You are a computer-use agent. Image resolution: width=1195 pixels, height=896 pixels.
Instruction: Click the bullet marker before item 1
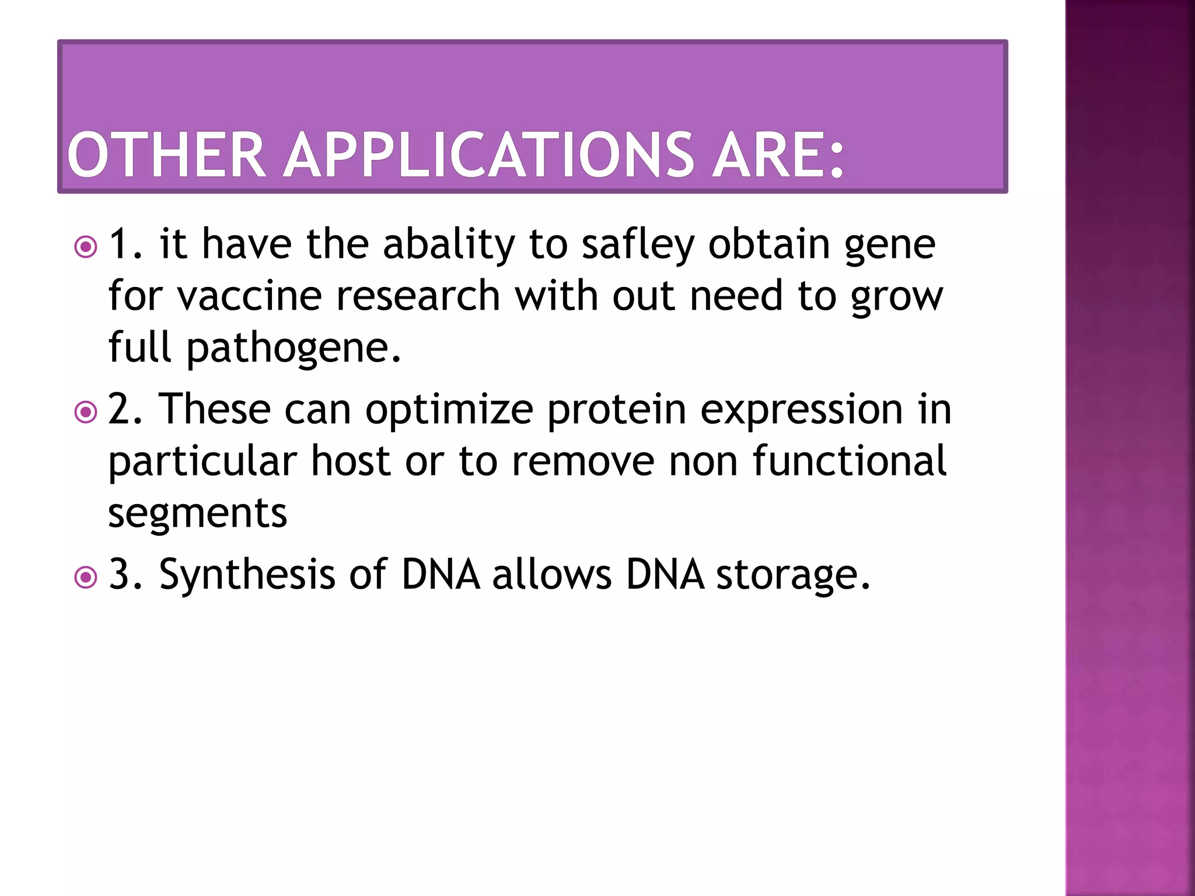point(86,247)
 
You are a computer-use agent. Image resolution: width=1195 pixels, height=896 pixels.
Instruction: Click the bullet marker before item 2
point(86,412)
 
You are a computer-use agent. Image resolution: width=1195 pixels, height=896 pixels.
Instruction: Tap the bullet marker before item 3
point(86,577)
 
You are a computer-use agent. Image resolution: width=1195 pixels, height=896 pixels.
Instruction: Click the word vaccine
point(249,295)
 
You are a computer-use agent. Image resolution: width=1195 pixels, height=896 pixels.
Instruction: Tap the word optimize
point(449,409)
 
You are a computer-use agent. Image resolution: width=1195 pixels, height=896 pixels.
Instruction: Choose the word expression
point(801,409)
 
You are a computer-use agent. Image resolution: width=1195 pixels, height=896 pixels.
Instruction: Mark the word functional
point(849,461)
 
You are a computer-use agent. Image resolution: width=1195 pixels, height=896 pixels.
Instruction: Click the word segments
point(197,513)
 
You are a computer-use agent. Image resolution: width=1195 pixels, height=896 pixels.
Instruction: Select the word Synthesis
point(247,575)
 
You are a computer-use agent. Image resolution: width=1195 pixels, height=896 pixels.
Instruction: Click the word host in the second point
point(350,461)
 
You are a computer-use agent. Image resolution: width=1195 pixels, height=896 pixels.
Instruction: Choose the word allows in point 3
point(551,575)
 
